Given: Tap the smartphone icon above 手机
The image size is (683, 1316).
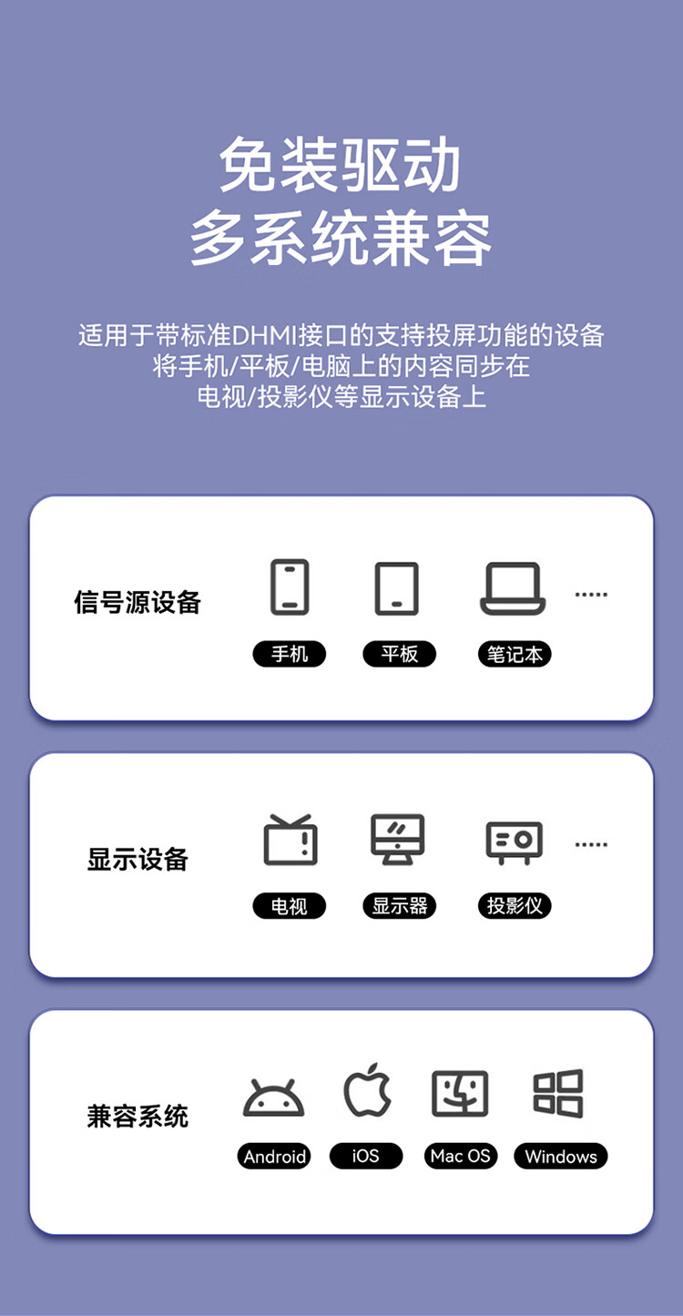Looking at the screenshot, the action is point(290,587).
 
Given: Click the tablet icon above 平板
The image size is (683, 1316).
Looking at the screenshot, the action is point(397,588).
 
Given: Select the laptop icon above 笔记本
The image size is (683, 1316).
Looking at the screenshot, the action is point(513,588).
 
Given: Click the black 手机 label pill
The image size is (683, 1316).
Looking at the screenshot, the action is point(290,654).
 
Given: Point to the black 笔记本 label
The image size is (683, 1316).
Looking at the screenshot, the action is point(515,654).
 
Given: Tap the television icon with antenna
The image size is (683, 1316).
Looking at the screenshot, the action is point(291,840).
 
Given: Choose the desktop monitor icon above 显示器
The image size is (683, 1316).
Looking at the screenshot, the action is point(398,839).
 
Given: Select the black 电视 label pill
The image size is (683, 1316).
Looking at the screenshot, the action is point(289,905).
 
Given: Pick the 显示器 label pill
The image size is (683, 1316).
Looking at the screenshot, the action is point(400,905).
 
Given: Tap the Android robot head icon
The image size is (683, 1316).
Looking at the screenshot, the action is point(274,1097).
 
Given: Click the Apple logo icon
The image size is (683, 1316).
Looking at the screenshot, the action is point(368,1090).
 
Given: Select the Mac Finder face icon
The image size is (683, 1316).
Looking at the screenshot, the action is point(460,1093).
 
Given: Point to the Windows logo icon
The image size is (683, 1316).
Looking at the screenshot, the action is point(558,1093).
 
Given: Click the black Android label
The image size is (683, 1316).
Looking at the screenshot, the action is point(274,1157).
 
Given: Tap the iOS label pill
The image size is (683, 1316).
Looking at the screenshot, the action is point(366,1157).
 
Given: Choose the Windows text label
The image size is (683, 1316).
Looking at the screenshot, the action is point(561,1157).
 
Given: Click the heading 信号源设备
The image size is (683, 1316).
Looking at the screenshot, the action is point(138,602).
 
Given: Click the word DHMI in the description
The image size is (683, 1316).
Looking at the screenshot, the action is point(265,335).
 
